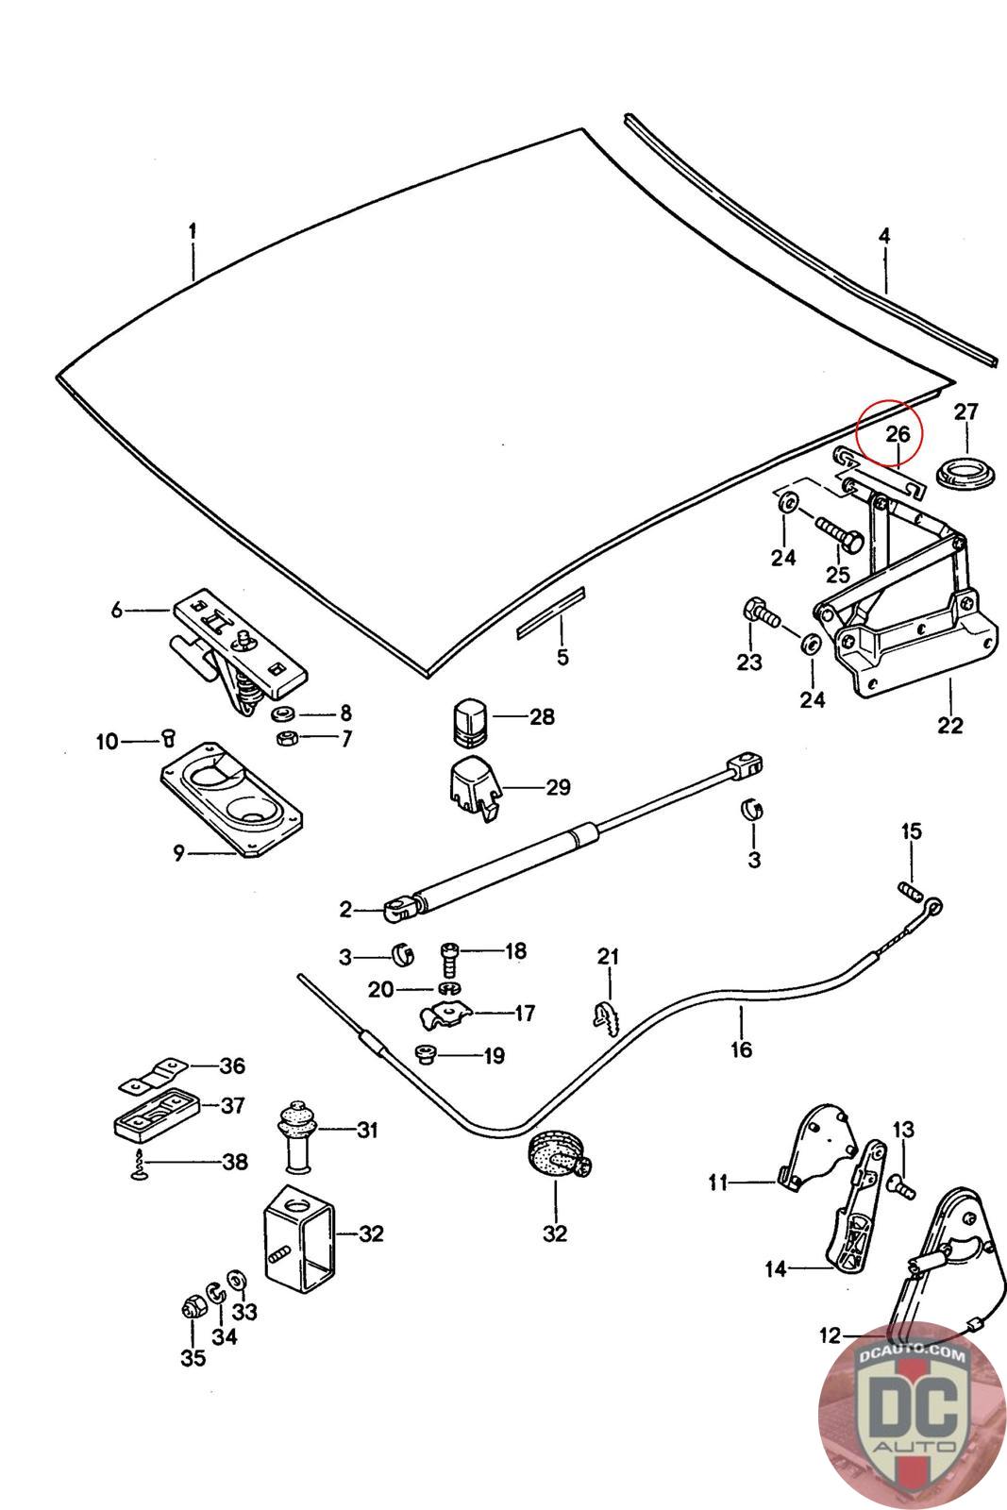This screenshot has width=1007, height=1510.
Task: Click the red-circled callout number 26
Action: (898, 434)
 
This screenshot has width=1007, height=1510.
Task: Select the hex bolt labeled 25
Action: (839, 533)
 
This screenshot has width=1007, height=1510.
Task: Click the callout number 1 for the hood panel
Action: (193, 230)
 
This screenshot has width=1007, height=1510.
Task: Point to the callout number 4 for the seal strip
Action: (884, 236)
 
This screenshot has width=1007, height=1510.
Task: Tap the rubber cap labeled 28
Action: (467, 717)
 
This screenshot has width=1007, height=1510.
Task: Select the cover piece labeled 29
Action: (471, 787)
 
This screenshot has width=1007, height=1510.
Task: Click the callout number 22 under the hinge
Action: (950, 725)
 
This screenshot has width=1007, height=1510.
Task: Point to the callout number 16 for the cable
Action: (741, 1049)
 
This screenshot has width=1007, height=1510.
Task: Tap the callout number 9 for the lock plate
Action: (178, 853)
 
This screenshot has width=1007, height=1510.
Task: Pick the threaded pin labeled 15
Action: (908, 890)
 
